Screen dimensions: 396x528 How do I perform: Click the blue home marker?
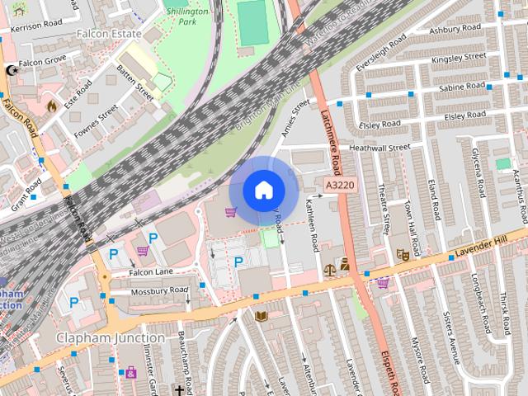[262, 190]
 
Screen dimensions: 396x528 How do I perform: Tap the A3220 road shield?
[339, 186]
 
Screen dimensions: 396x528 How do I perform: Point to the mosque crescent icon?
[12, 71]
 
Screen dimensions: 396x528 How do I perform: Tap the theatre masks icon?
[403, 257]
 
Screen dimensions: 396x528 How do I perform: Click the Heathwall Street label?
[379, 148]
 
